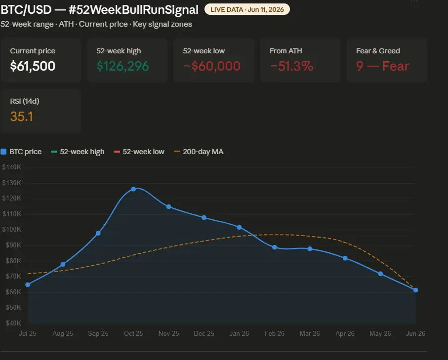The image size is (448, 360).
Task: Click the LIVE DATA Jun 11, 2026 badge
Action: point(247,9)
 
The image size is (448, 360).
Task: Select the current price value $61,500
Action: point(33,66)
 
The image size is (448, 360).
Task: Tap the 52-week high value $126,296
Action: point(122,66)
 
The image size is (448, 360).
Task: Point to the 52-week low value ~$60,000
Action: point(212,66)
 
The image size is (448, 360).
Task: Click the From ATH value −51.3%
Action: point(292,66)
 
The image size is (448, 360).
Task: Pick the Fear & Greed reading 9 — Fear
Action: point(383,66)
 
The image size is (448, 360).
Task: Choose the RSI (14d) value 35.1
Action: point(22,117)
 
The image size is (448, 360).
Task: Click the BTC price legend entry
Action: point(21,152)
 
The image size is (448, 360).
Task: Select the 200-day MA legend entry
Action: point(199,152)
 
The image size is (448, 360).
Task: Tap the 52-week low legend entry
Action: point(139,152)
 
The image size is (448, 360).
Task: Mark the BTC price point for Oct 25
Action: point(133,189)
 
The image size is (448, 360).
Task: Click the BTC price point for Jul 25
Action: point(28,284)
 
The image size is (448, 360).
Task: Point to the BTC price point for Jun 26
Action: point(416,290)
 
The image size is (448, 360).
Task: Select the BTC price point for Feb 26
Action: point(275,247)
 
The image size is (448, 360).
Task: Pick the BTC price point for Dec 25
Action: point(204,218)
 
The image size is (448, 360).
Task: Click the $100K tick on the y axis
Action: point(12,230)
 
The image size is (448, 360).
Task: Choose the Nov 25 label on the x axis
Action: point(168,333)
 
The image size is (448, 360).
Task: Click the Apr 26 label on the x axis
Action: point(345,333)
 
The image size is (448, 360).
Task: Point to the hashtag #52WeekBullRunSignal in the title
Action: point(133,10)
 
